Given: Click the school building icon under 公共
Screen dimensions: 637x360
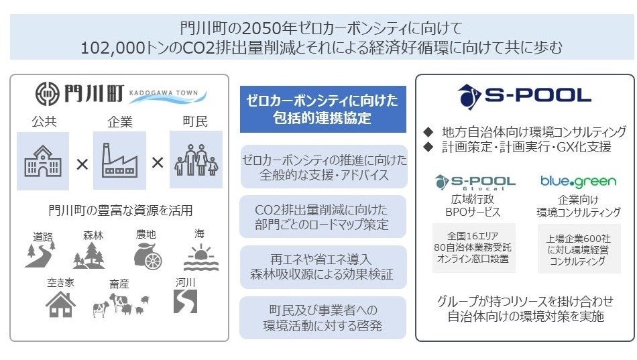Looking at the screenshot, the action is pos(42,160).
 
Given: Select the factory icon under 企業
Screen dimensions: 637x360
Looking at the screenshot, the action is pos(119,160).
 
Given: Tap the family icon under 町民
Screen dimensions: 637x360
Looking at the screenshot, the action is pos(196,160).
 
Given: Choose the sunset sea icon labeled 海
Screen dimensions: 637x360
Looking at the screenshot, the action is pos(200,255).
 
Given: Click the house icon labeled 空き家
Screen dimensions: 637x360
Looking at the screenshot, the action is pos(60,304).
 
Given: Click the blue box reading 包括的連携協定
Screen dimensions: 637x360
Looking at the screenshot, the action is pos(323,109).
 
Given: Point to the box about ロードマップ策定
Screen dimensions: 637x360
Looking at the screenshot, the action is pos(323,216).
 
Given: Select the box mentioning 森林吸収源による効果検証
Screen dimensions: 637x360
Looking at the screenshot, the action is pos(323,266).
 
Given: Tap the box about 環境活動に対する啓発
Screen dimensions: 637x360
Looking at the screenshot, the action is pos(323,317).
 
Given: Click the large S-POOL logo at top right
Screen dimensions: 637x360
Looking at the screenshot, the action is pos(524,96).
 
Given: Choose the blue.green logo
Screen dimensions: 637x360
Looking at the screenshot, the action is pos(579,181).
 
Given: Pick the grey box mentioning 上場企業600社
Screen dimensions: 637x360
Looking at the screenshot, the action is pos(579,249).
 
